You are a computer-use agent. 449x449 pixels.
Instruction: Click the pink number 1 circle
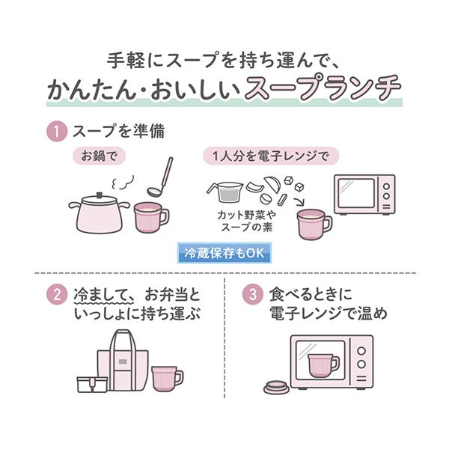[x=58, y=132]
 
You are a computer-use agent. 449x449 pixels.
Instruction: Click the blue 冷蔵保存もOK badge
[x=224, y=253]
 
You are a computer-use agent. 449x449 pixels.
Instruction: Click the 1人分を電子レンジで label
[x=270, y=156]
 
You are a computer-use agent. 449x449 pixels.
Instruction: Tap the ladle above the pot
[x=162, y=178]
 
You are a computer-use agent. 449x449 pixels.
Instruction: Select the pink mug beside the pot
[x=150, y=217]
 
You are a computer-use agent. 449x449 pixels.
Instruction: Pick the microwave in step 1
[x=364, y=195]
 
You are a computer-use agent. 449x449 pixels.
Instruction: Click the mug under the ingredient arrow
[x=314, y=224]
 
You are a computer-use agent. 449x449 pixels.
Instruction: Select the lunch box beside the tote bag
[x=92, y=383]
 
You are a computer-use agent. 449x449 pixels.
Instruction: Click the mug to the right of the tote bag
[x=165, y=378]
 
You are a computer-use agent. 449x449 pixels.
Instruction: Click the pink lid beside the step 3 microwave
[x=277, y=387]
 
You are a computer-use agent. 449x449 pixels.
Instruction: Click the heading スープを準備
[x=117, y=132]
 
